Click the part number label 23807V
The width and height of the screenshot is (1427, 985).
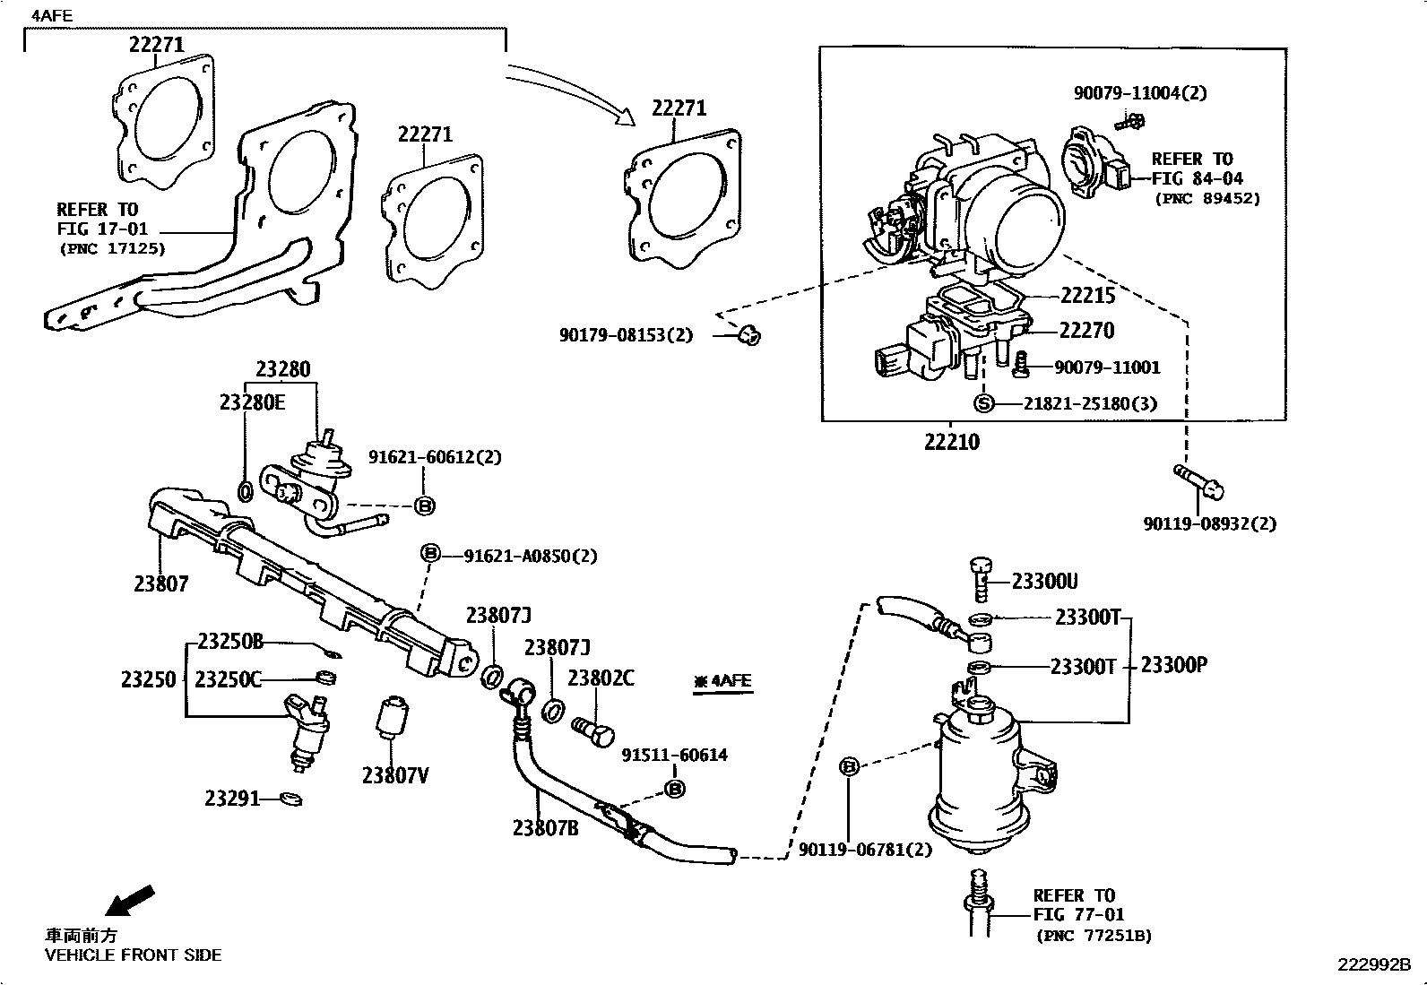click(x=395, y=775)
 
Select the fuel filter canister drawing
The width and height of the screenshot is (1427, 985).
click(x=977, y=780)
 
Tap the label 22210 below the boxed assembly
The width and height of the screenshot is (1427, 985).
click(x=952, y=442)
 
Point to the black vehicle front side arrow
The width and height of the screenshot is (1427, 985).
click(x=130, y=900)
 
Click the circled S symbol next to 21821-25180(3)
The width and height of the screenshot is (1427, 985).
click(x=984, y=403)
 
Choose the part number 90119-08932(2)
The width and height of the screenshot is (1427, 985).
click(x=1209, y=523)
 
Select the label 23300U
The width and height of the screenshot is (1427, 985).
click(x=1044, y=582)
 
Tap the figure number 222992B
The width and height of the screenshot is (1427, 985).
click(x=1374, y=964)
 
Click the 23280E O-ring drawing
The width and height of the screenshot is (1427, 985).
click(x=246, y=491)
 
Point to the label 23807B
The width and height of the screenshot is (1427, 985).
click(x=545, y=828)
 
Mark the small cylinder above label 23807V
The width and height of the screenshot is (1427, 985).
click(x=391, y=717)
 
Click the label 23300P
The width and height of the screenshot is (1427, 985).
click(x=1175, y=665)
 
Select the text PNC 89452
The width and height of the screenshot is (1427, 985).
click(x=1206, y=199)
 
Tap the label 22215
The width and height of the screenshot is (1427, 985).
click(x=1087, y=296)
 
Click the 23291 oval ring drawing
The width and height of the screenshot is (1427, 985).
click(x=291, y=798)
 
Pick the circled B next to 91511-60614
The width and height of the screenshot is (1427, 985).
click(x=674, y=789)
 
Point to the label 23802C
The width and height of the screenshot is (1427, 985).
click(x=601, y=678)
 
